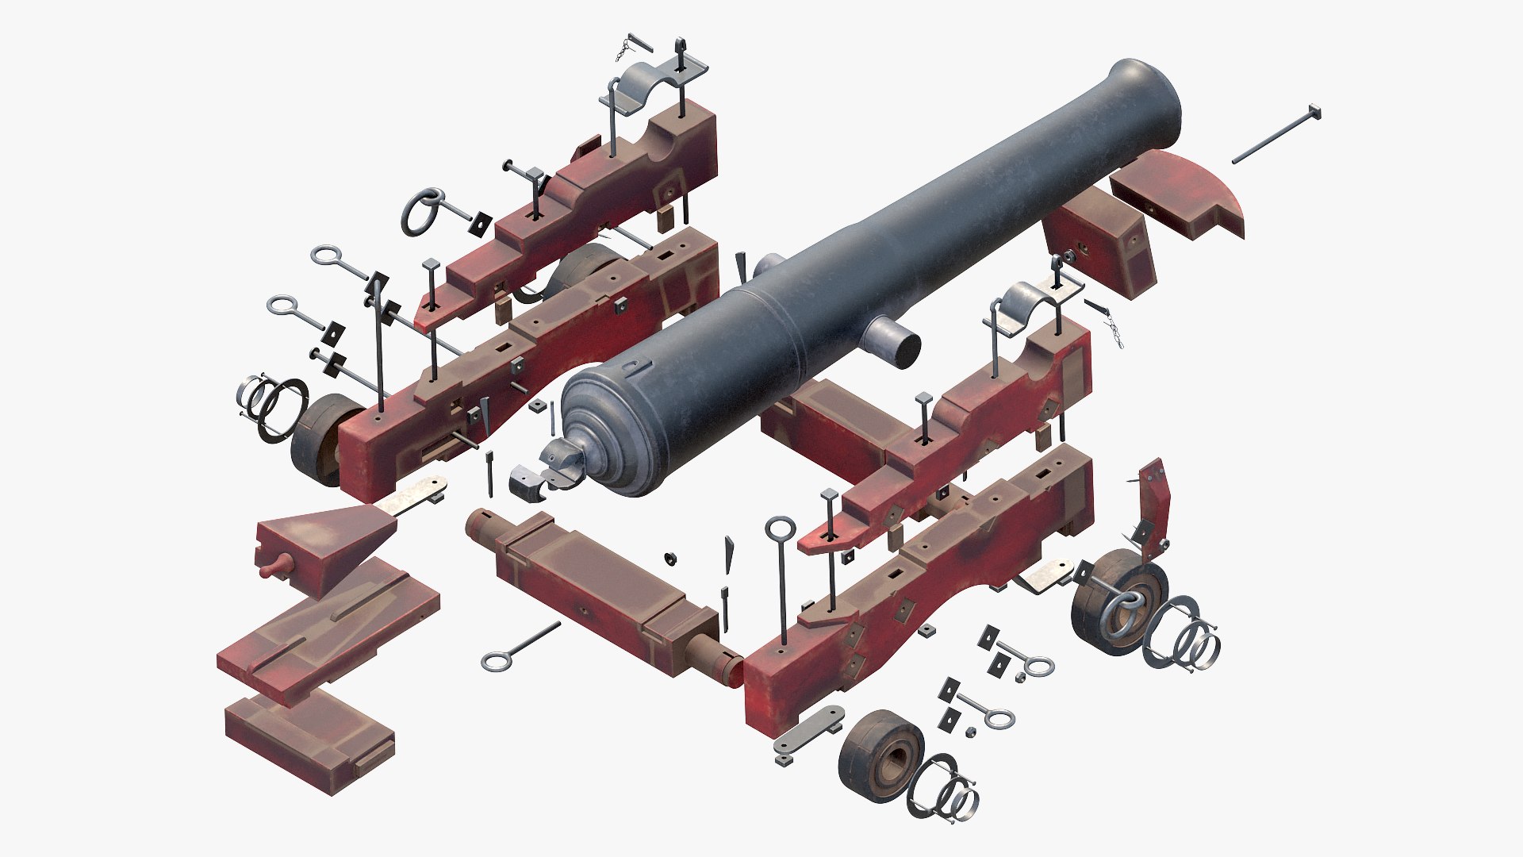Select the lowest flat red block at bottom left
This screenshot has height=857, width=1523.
(309, 742)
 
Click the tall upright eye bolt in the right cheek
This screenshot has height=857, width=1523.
(781, 571)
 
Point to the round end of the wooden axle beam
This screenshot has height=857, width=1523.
(481, 524)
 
